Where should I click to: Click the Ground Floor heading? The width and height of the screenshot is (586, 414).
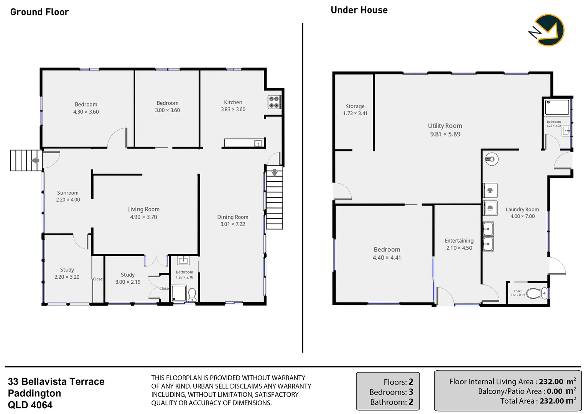(40, 12)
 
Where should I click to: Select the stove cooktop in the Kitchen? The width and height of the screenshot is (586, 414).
(274, 102)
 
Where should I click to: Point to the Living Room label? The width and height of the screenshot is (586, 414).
(143, 209)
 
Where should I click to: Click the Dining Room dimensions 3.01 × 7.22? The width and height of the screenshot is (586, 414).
(232, 224)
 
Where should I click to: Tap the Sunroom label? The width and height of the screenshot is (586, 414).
(68, 193)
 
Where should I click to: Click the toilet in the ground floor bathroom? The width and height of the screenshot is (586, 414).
(192, 294)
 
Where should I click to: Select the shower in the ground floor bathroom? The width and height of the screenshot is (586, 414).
(179, 294)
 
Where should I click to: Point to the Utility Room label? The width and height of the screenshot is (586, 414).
(445, 126)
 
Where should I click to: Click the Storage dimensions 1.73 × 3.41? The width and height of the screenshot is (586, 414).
(355, 113)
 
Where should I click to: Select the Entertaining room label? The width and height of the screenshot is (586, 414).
(459, 241)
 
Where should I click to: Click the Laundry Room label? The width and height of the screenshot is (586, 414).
(522, 209)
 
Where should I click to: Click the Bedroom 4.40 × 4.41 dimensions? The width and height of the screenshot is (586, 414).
(387, 258)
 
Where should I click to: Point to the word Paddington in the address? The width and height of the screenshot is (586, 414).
(35, 393)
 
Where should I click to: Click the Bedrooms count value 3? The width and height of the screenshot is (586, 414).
(411, 392)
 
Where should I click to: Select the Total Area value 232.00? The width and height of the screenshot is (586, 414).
(551, 401)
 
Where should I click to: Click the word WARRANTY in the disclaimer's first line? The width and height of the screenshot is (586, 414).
(284, 378)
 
